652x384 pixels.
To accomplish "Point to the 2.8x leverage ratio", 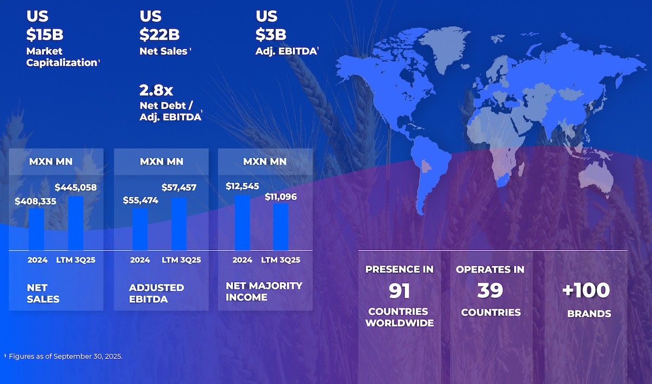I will coord(156,89).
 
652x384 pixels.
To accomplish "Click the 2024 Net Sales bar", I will coord(36,229).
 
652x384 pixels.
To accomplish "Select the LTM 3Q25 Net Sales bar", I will coord(76,223).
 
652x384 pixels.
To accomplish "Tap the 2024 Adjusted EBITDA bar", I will coord(140,229).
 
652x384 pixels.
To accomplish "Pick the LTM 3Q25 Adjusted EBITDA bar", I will coord(179,223).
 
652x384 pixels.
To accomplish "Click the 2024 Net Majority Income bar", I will coord(242,222).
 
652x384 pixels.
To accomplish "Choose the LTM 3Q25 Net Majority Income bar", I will coord(281,226).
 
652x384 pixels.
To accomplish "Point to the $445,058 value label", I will coord(76,188).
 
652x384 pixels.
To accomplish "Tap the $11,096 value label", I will coord(281,196).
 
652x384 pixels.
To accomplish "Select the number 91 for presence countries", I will coord(399,291).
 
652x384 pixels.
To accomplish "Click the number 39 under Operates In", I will coord(490,291).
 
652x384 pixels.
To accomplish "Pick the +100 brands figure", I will coord(586,290).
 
